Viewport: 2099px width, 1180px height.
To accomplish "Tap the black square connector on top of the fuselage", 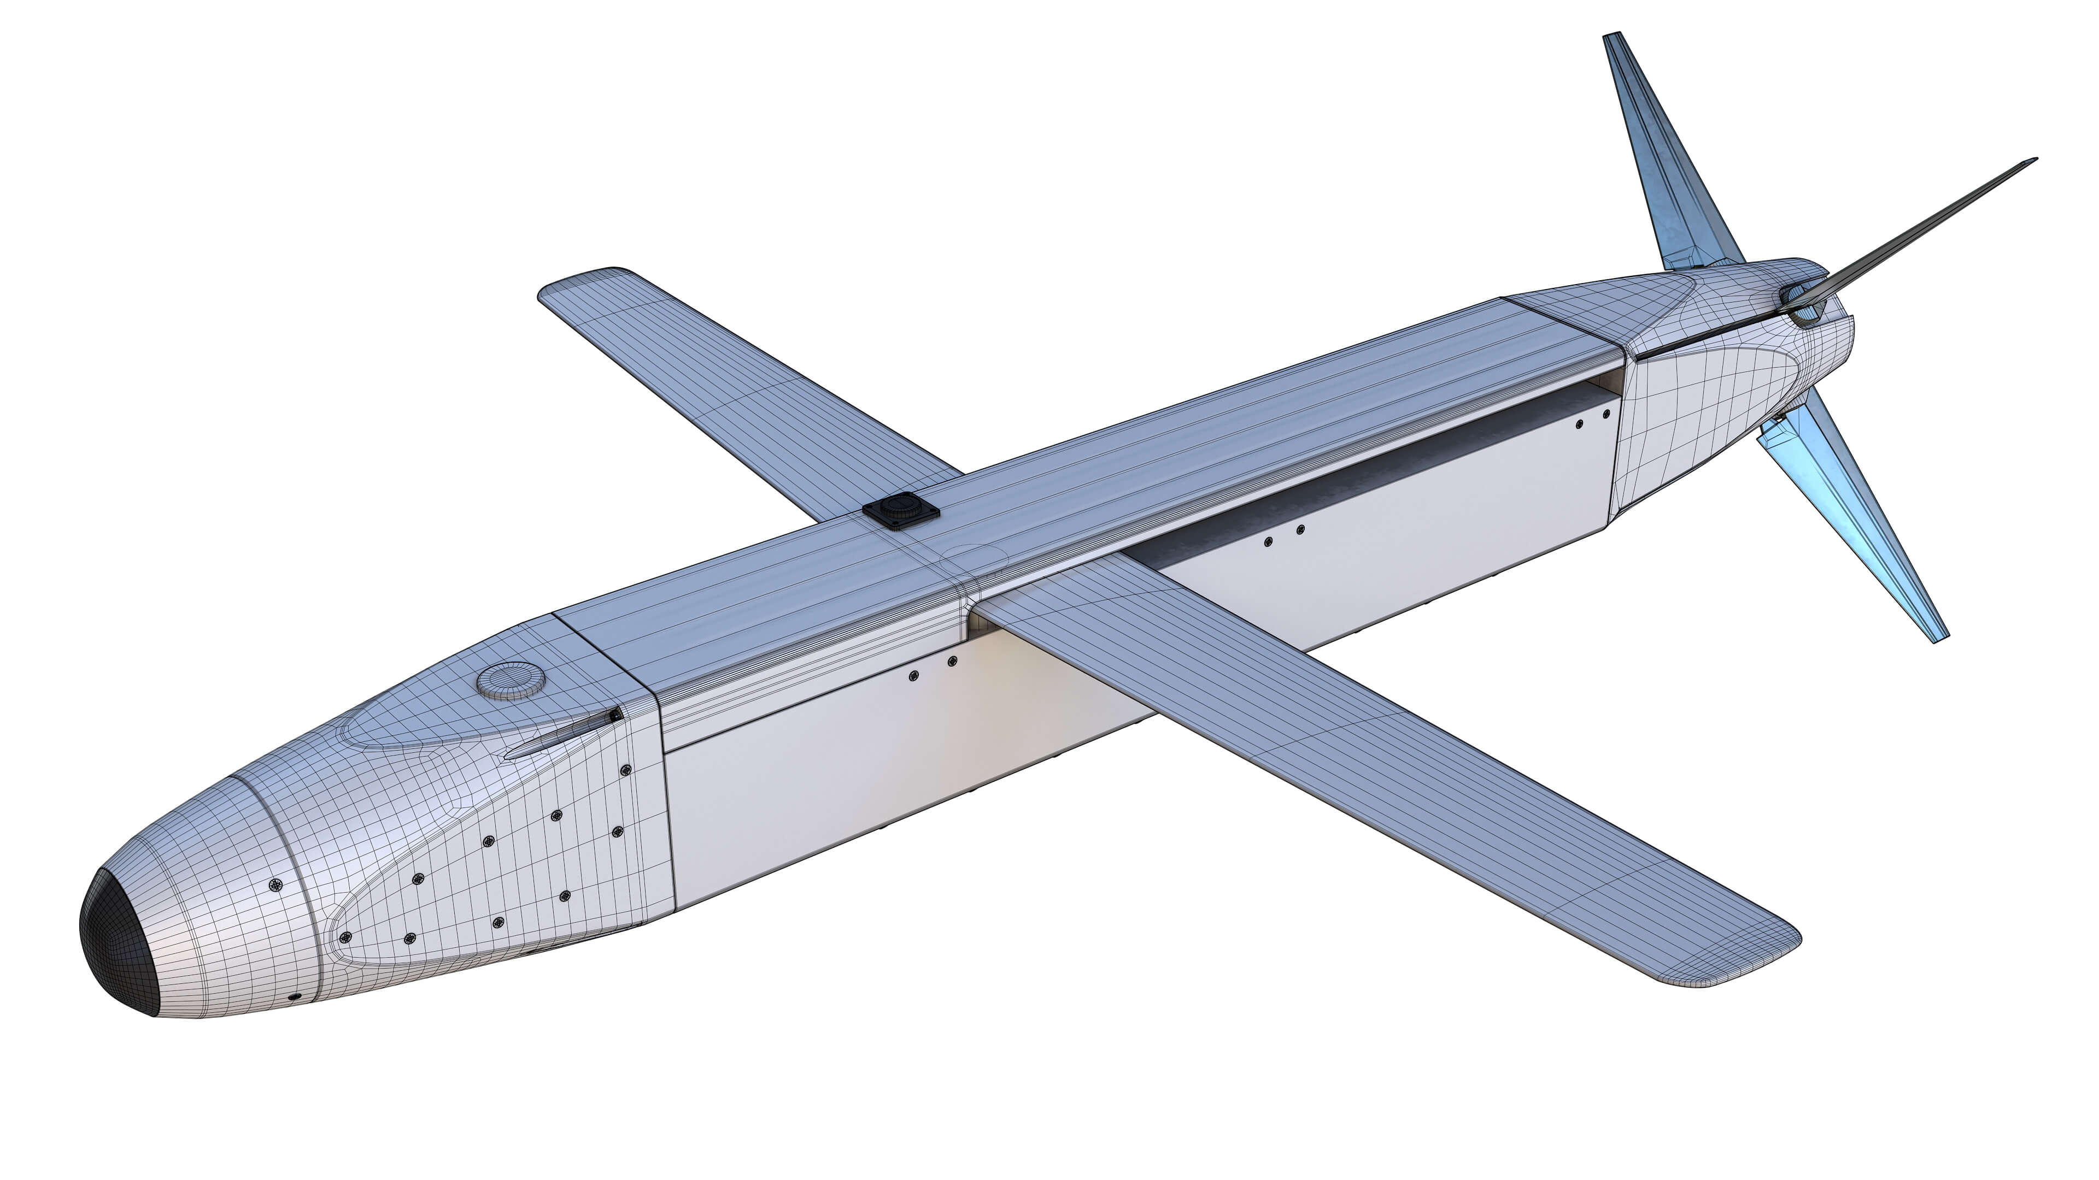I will pyautogui.click(x=900, y=511).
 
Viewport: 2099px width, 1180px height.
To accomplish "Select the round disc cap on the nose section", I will pyautogui.click(x=511, y=680).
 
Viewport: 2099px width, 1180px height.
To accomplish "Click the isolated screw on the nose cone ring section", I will pyautogui.click(x=275, y=885).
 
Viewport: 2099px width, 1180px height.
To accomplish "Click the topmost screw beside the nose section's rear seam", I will pyautogui.click(x=626, y=770).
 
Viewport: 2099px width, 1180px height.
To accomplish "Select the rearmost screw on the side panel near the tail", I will pyautogui.click(x=1606, y=414).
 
